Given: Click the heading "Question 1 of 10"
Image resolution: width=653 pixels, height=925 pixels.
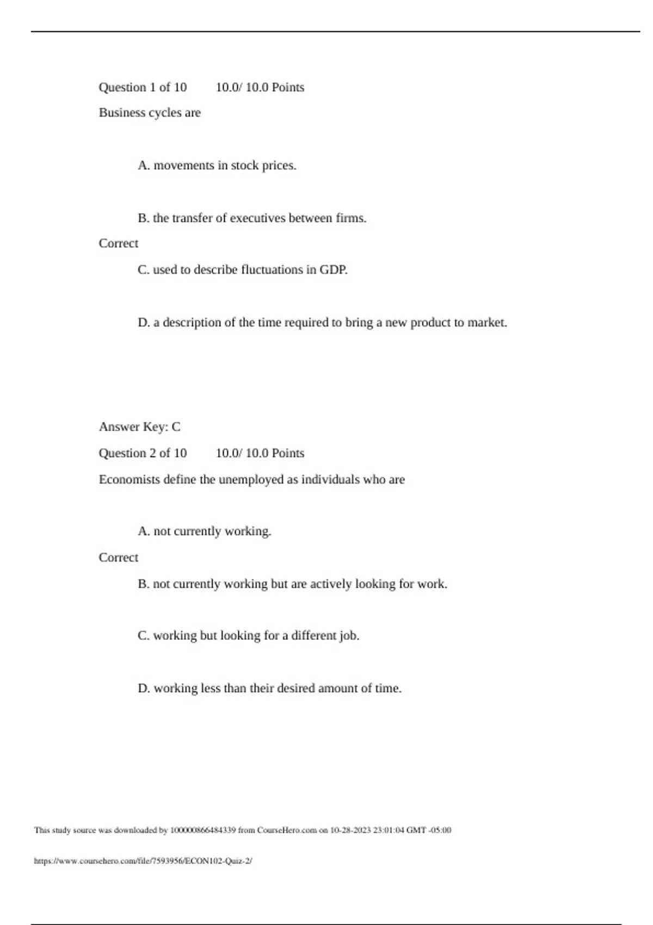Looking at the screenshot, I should click(143, 88).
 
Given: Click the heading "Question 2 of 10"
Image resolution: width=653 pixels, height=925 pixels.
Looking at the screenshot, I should click(143, 453).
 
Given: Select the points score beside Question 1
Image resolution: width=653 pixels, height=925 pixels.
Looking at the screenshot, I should click(260, 88).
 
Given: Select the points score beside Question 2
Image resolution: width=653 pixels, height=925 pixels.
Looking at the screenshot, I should click(260, 453).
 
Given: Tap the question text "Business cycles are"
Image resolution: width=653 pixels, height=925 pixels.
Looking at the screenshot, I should click(150, 113).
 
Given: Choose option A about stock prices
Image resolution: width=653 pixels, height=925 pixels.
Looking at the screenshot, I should click(217, 165).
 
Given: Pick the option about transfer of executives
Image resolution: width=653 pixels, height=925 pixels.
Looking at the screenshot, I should click(252, 218).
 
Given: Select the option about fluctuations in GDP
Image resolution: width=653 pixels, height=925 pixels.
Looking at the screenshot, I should click(243, 270).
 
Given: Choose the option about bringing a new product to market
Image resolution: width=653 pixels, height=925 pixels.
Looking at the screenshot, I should click(322, 323).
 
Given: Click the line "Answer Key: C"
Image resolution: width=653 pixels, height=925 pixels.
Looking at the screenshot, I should click(139, 427).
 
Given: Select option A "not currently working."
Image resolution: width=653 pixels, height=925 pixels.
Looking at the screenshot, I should click(205, 531).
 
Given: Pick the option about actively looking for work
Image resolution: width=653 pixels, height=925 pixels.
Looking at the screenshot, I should click(292, 584).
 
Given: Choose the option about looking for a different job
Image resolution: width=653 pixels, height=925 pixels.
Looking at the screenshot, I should click(249, 636).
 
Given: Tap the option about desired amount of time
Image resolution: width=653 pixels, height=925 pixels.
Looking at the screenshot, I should click(269, 688).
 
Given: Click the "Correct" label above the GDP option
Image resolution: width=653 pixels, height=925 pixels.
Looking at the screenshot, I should click(118, 243).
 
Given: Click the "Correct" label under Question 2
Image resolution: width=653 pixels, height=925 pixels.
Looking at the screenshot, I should click(118, 558).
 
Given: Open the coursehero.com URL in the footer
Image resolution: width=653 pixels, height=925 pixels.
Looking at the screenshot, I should click(143, 861).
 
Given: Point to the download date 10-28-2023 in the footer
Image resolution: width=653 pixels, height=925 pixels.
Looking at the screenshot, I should click(350, 830).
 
